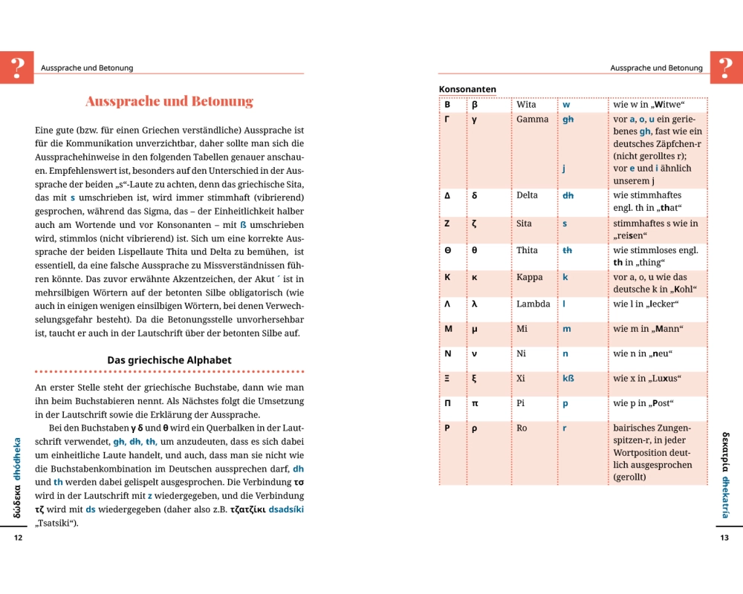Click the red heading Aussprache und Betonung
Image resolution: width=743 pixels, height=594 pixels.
tap(169, 101)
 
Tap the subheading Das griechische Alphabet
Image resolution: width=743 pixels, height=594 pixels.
tap(169, 360)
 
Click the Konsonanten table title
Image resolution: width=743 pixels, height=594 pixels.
tap(467, 89)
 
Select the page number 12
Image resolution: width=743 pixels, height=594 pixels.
tap(19, 538)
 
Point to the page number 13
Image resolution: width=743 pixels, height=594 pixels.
tap(724, 538)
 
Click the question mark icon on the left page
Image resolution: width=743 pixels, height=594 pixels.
tap(16, 67)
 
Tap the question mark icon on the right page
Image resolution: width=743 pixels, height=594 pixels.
tap(726, 67)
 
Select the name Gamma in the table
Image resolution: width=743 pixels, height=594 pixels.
tap(532, 120)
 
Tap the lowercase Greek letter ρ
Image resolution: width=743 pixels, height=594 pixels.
tap(474, 428)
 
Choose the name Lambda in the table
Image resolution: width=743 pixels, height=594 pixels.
tap(533, 304)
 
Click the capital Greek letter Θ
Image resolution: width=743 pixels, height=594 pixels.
tap(447, 250)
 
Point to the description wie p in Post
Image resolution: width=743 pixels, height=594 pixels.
tap(643, 403)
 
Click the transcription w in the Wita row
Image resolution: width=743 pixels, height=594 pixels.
tap(566, 105)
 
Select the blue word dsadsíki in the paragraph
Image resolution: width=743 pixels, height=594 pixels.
tap(285, 509)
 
